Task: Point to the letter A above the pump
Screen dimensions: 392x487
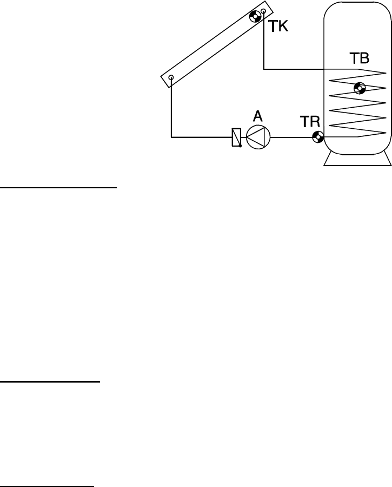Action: coord(258,116)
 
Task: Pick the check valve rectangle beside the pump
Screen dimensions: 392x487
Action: coord(236,137)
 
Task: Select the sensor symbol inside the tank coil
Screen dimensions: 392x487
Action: coord(359,88)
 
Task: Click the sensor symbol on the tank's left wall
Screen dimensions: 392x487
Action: coord(318,137)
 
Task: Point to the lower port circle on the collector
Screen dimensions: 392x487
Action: coord(171,78)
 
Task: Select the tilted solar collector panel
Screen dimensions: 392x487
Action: coord(216,45)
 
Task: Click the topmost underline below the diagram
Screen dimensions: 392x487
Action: coord(58,188)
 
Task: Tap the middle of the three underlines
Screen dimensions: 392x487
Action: coord(50,382)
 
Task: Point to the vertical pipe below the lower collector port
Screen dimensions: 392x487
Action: coord(171,108)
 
